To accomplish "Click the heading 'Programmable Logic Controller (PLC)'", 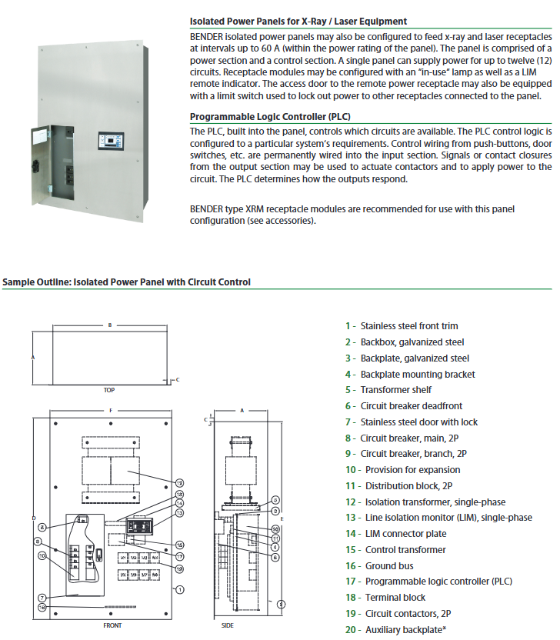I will pos(270,117).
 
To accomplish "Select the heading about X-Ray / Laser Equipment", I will pos(298,21).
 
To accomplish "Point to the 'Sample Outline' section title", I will pos(126,282).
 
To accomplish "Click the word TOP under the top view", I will pos(109,390).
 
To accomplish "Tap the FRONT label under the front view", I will pos(112,625).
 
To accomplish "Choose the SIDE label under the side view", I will pos(228,625).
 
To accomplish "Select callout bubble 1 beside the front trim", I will pos(178,589).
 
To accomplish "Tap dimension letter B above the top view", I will pos(110,325).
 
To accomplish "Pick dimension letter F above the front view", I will pos(110,411).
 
